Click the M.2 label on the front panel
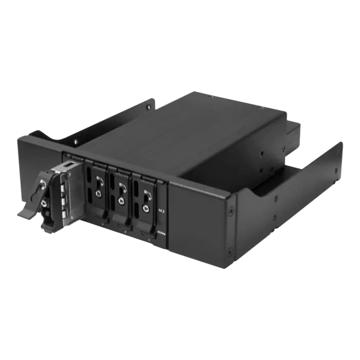coord(161,211)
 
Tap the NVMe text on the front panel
coord(161,233)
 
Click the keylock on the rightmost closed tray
coord(145,208)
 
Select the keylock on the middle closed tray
coord(120,201)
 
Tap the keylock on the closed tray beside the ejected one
coord(98,193)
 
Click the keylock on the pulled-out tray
coord(43,203)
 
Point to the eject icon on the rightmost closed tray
coord(147,194)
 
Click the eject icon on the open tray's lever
coord(43,184)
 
